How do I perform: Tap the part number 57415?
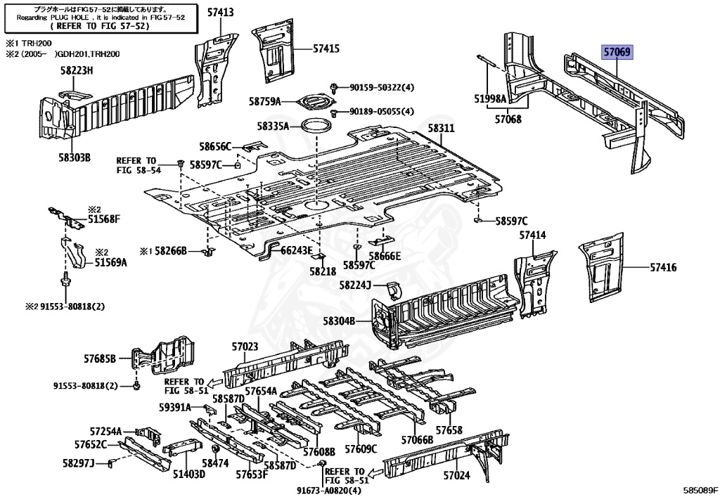coord(326,49)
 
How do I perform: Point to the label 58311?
coord(442,128)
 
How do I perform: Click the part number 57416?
coord(663,267)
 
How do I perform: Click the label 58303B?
coord(75,157)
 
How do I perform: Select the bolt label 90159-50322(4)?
coord(382,87)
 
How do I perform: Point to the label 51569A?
coord(111,262)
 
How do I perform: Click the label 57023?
coord(245,346)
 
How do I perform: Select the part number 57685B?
coord(99,359)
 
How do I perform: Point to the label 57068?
coord(508,120)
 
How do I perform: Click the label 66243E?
coord(296,250)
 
